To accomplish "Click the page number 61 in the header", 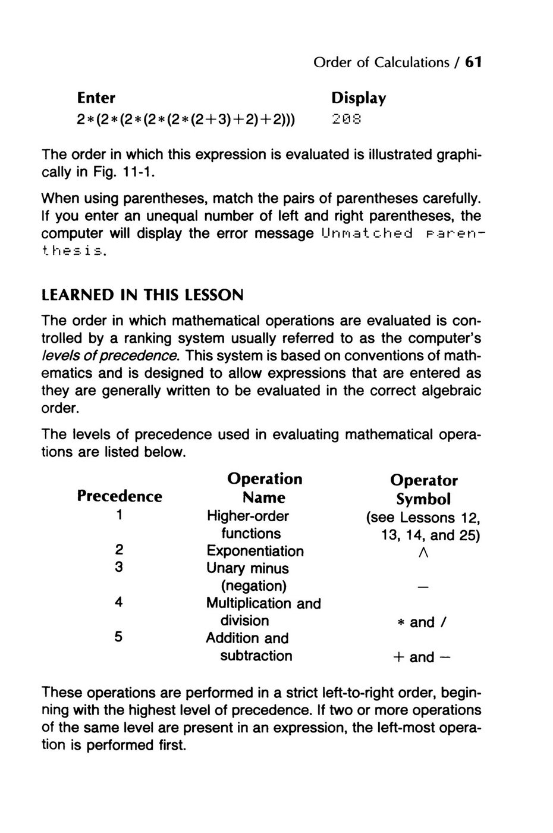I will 473,62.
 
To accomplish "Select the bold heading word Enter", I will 96,98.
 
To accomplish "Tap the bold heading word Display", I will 359,98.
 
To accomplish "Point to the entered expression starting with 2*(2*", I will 187,120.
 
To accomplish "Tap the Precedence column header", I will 120,496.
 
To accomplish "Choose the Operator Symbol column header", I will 423,489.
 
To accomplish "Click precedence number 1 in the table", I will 120,515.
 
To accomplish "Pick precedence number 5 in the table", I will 119,637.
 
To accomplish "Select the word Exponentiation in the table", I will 255,551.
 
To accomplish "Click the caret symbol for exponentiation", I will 423,553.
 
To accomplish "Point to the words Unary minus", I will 247,568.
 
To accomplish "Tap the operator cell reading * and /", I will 423,622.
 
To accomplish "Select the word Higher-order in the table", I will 247,516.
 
